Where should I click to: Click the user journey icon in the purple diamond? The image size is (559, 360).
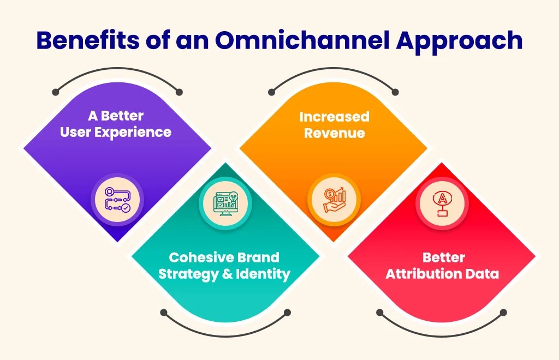pos(117,200)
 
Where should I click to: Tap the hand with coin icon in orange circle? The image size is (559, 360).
pos(334,200)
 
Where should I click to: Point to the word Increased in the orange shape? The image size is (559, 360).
pos(334,117)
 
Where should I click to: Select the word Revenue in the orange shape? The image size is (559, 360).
pos(334,133)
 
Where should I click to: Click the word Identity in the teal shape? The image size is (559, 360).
pos(264,274)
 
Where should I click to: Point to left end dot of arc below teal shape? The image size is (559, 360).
pos(163,313)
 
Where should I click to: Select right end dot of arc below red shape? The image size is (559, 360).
pos(504,313)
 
